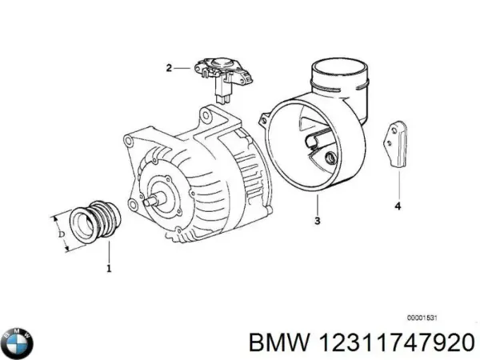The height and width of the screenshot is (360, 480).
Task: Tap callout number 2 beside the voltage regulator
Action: (x=169, y=68)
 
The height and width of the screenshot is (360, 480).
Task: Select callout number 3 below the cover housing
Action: (x=318, y=220)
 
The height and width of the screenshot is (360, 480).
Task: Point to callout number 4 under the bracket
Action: (x=397, y=208)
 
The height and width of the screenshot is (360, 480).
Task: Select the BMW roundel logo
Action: (x=18, y=342)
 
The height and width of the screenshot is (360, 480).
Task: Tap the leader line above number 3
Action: (x=318, y=204)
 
